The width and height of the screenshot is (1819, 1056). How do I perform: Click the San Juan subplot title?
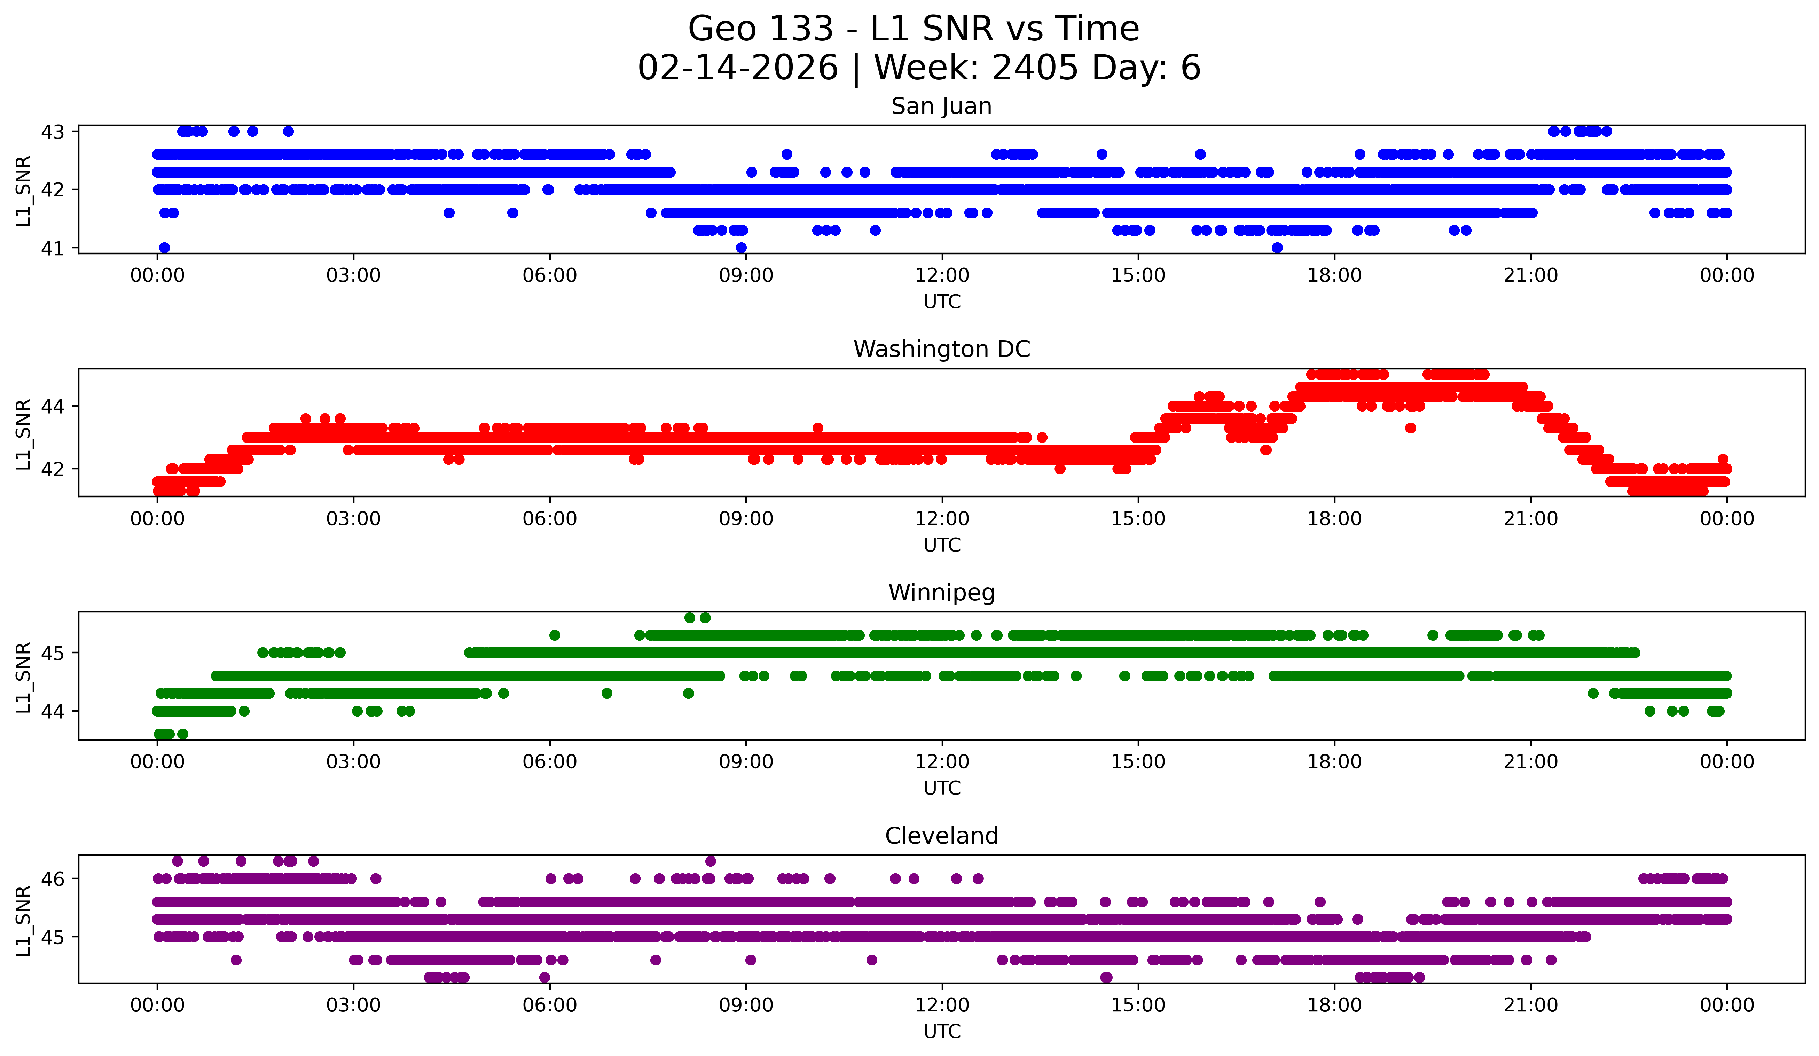941,106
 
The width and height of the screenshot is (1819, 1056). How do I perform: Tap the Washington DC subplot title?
941,349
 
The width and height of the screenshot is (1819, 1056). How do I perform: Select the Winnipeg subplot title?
941,593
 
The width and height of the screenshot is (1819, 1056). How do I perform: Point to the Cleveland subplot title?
941,836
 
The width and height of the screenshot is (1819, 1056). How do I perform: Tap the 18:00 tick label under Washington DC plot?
1334,519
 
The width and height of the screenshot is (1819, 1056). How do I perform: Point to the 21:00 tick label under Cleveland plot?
1530,1006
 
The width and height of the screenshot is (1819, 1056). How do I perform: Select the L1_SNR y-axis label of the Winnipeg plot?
23,677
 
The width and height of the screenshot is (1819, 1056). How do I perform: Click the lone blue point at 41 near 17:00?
1277,248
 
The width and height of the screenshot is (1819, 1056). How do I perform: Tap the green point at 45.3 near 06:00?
554,635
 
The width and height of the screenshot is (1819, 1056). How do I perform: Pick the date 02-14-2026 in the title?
738,68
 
